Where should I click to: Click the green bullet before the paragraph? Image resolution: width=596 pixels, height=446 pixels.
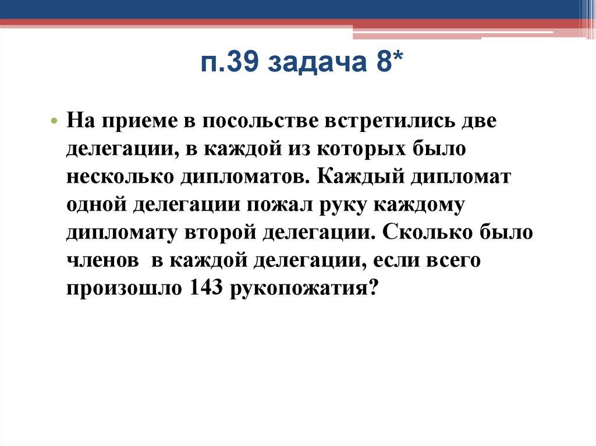(70, 123)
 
